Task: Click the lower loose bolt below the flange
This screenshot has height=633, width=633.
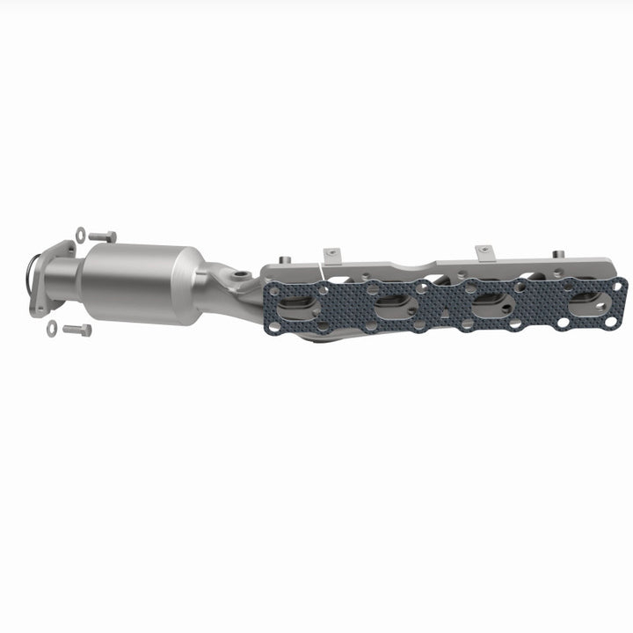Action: [76, 331]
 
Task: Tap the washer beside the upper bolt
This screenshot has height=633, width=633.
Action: [81, 233]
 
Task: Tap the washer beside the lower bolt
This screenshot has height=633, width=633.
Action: [52, 329]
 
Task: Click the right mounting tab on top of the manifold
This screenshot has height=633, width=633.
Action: [483, 254]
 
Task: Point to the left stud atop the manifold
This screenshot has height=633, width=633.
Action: [283, 260]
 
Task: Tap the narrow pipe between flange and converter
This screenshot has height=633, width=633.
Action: [67, 283]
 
